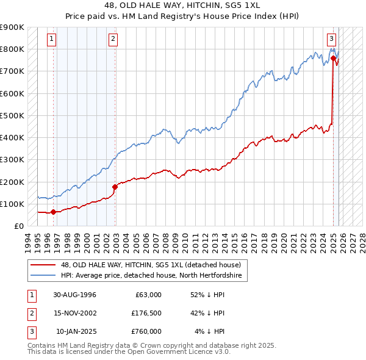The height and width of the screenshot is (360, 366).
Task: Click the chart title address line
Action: pyautogui.click(x=183, y=6)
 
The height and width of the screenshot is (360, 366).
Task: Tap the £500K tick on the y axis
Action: pyautogui.click(x=12, y=115)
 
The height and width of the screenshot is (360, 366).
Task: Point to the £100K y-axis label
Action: pyautogui.click(x=12, y=204)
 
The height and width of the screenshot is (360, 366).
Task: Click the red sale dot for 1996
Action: pyautogui.click(x=54, y=212)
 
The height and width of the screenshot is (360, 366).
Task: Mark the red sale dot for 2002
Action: pyautogui.click(x=115, y=187)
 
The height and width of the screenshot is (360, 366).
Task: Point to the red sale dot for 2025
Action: pyautogui.click(x=334, y=58)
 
